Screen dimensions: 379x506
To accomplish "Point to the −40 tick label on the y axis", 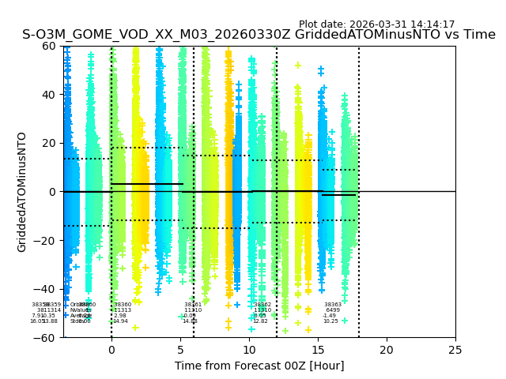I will tap(47, 289).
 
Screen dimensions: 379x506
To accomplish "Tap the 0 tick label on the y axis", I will tap(54, 192).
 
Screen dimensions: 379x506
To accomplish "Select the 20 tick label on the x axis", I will tap(387, 350).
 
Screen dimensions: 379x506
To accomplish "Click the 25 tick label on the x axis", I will tap(455, 350).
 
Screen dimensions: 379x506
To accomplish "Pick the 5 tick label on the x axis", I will tap(180, 350).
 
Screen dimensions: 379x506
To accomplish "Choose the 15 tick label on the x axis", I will tap(318, 350).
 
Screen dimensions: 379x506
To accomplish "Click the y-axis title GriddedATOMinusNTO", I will tap(22, 192).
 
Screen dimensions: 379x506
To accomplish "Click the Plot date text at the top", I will tap(376, 24).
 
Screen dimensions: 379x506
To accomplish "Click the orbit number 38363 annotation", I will tap(333, 305).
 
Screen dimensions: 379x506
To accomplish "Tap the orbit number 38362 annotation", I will tap(262, 305).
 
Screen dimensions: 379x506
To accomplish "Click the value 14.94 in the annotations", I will tap(120, 321).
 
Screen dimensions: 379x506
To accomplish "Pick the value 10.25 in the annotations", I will tap(330, 321).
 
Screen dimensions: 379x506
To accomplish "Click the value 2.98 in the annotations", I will tap(120, 316).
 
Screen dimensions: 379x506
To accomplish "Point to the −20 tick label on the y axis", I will tap(47, 241).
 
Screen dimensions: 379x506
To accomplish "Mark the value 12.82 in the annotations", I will tap(260, 321).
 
